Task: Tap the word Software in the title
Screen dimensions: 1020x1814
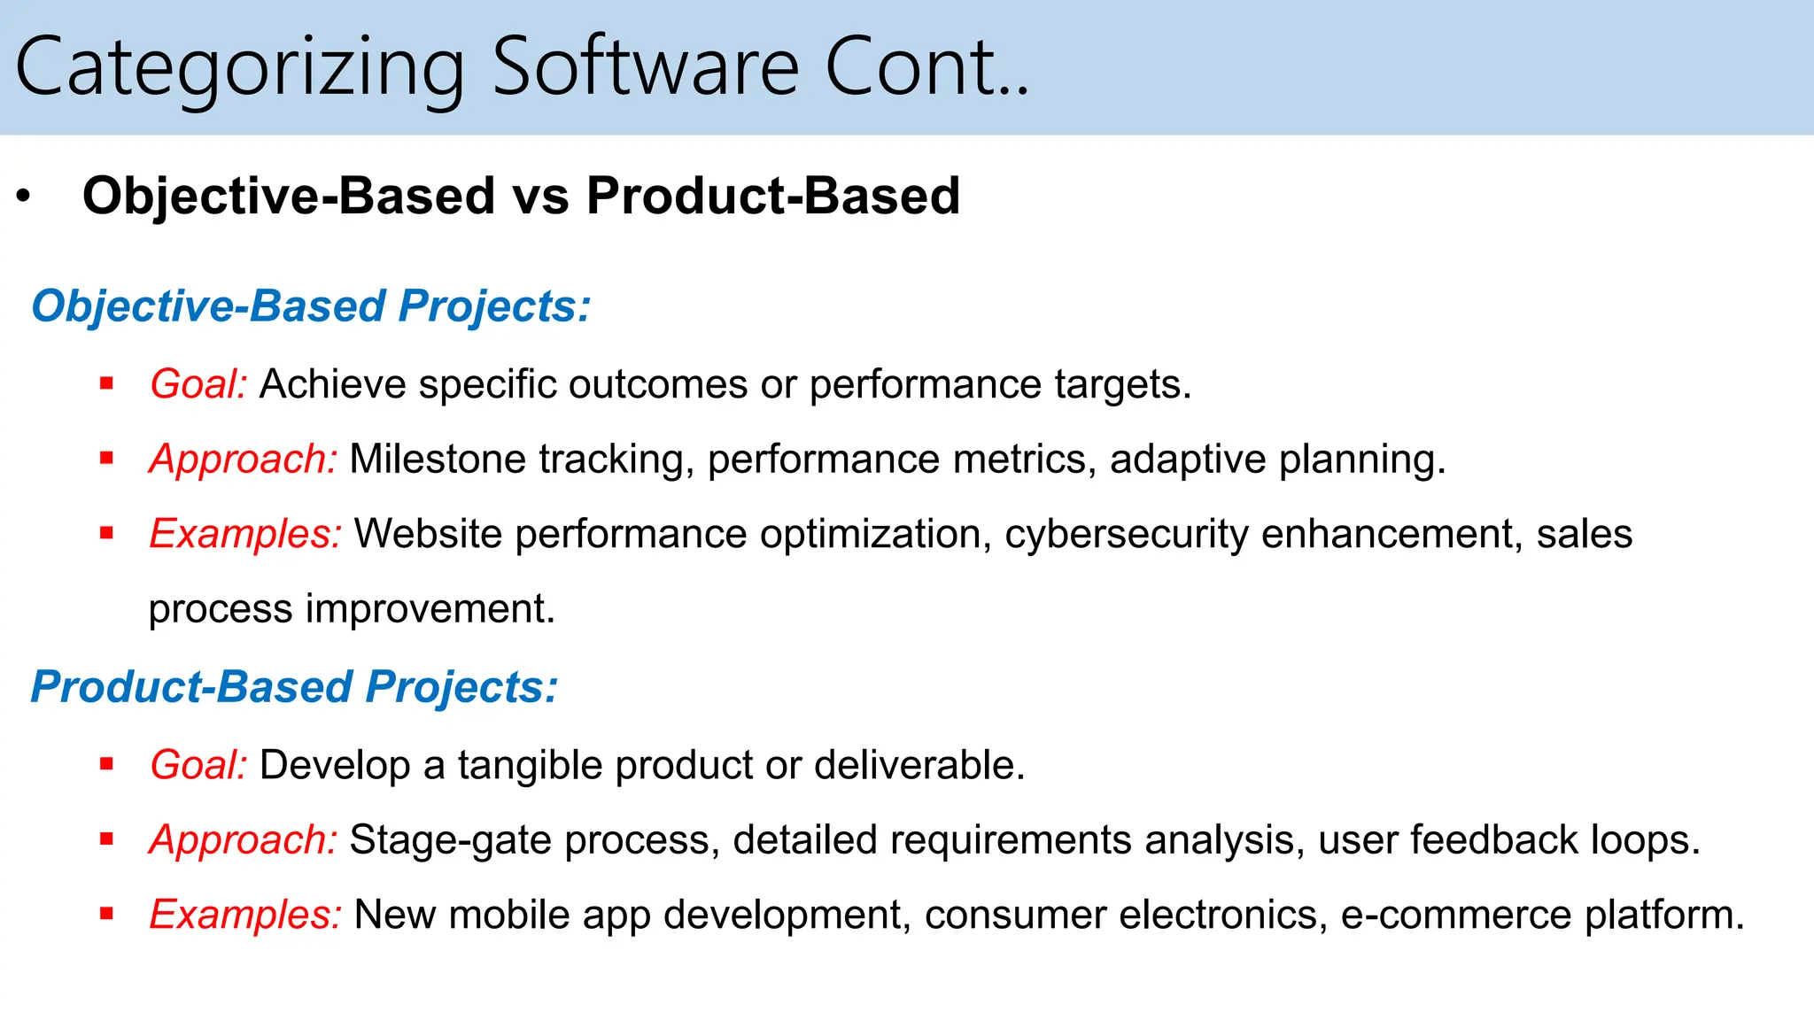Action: [645, 67]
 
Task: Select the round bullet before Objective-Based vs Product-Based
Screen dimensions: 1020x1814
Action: [24, 197]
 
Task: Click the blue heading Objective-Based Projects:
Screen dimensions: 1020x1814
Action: [311, 306]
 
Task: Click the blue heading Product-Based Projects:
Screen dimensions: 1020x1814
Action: [294, 687]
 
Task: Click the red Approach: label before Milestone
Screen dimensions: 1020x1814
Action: [243, 460]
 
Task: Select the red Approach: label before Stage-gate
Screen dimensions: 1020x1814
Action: [243, 840]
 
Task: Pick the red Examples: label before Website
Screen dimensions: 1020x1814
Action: [245, 534]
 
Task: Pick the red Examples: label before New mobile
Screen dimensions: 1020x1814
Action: [245, 915]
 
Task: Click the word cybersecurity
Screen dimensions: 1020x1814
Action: [1126, 534]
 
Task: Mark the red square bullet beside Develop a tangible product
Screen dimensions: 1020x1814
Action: [107, 764]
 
